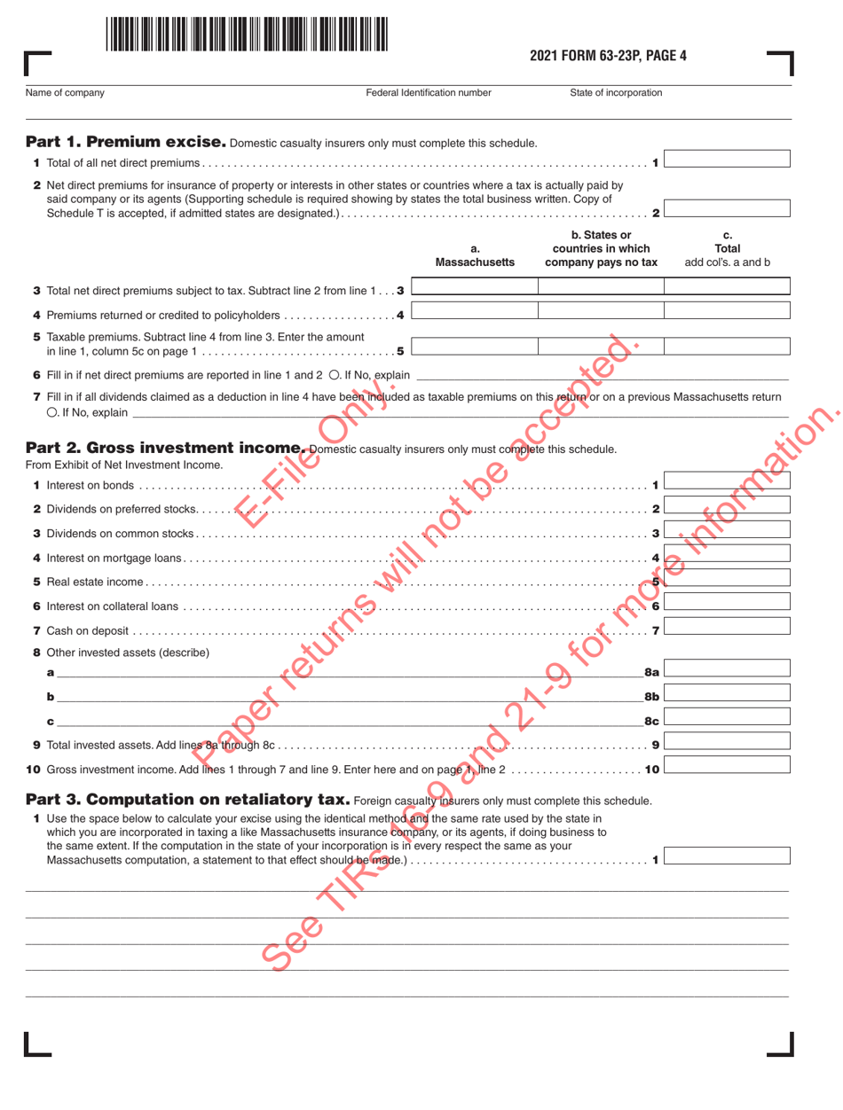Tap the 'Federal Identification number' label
[428, 92]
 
